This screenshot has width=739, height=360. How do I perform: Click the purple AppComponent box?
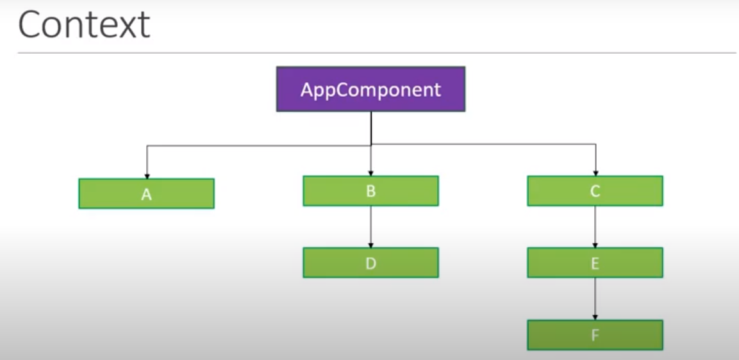[x=370, y=89]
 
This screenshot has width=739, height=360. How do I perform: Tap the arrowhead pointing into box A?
[x=147, y=175]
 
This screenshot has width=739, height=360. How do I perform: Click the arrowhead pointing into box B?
[x=371, y=172]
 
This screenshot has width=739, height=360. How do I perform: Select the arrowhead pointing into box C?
[x=595, y=172]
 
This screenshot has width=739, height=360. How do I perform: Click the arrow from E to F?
[x=595, y=299]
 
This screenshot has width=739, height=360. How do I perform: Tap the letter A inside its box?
[x=146, y=195]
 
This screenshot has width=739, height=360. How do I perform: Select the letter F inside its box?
[x=595, y=335]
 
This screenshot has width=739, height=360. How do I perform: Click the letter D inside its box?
[x=371, y=263]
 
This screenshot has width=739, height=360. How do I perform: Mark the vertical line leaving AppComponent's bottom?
[x=371, y=127]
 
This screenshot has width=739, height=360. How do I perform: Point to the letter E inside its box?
[x=595, y=263]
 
